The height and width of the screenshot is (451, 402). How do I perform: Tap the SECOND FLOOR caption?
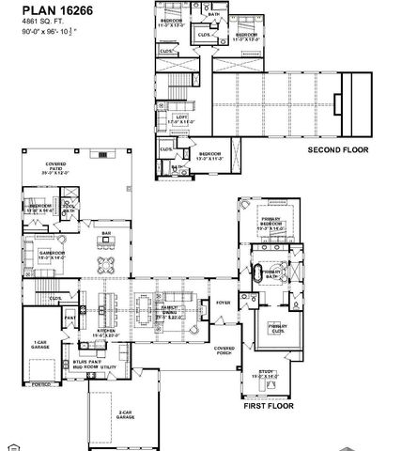(338, 149)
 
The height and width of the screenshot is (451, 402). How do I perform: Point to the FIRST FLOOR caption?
(269, 407)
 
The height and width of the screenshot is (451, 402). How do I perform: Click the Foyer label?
(223, 303)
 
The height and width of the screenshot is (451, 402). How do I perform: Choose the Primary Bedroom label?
(274, 222)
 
